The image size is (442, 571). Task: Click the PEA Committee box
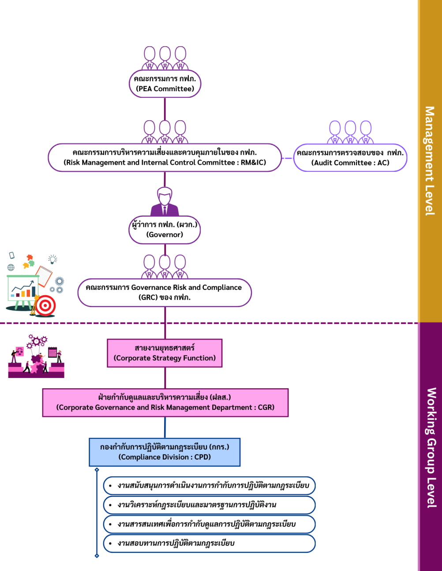[165, 84]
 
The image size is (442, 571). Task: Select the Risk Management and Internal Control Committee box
[165, 158]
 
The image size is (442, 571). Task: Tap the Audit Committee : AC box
[350, 158]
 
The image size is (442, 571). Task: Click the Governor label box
[165, 230]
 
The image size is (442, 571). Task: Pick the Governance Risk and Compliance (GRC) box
[165, 293]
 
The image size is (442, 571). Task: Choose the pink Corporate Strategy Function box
[165, 353]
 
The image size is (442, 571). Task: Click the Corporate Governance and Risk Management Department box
[165, 403]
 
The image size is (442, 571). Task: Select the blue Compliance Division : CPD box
[165, 452]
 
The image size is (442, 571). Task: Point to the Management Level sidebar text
[430, 161]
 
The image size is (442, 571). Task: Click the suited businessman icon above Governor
[165, 202]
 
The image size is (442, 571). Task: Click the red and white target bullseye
[45, 305]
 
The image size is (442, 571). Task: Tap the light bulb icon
[53, 259]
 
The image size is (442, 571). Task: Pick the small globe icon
[11, 267]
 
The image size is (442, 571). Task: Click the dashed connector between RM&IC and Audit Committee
[287, 158]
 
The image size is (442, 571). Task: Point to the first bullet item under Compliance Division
[210, 486]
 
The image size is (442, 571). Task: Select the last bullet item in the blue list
[210, 543]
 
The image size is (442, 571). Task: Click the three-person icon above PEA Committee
[165, 58]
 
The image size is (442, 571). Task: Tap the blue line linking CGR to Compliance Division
[165, 427]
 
